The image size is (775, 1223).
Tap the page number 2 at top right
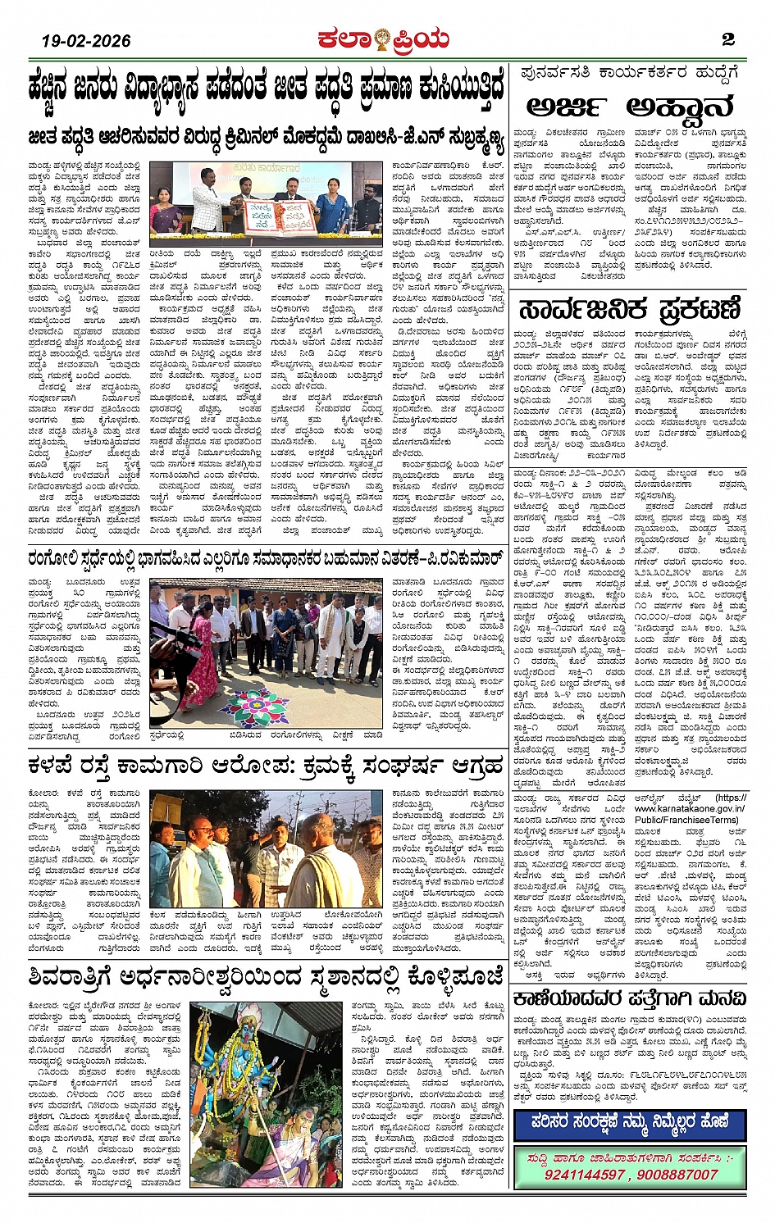click(727, 39)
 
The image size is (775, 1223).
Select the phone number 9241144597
click(584, 1175)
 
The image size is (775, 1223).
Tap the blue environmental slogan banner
click(629, 1124)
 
